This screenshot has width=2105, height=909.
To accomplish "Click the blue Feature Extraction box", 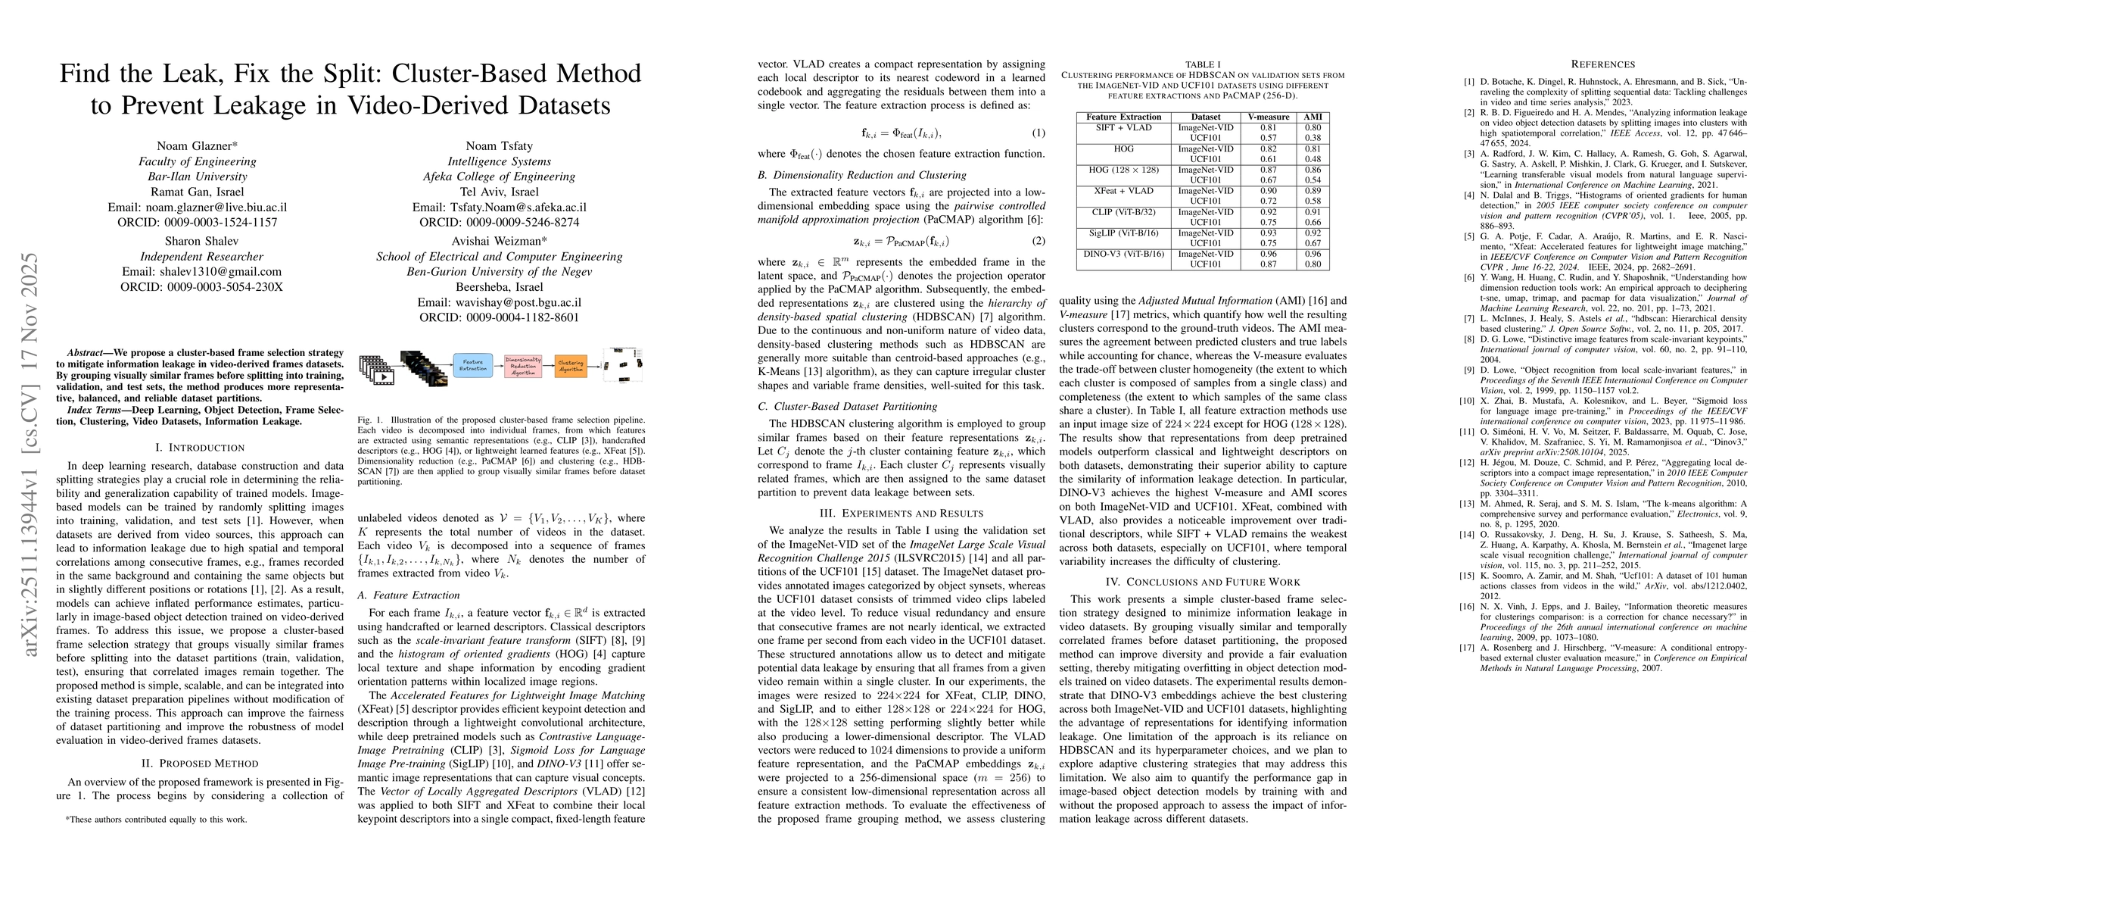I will point(472,365).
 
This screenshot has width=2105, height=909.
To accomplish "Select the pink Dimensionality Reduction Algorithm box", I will point(523,365).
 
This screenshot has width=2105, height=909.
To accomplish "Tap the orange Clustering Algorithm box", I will point(571,365).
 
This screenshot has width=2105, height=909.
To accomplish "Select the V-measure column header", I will point(1269,117).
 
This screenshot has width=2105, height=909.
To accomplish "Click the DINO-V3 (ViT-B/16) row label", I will point(1123,255).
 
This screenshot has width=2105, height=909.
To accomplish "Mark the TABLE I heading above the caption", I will point(1202,64).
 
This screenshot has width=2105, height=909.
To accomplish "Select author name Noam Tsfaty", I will point(499,145).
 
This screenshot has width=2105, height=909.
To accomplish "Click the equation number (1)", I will point(1037,133).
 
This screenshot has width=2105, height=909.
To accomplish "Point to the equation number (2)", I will point(1037,241).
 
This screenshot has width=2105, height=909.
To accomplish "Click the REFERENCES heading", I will point(1602,64).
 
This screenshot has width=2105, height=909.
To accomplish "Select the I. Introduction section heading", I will point(200,448).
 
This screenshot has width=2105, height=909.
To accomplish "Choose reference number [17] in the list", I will point(1469,648).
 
